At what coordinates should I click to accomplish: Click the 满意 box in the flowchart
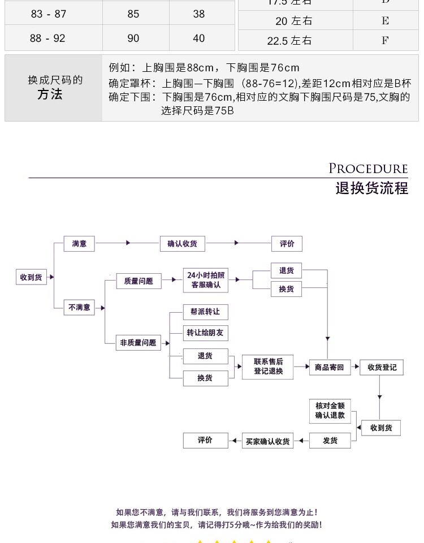coord(79,244)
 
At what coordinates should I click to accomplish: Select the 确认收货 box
coord(182,244)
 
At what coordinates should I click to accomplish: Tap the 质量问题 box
coord(139,281)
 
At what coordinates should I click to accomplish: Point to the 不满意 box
coord(79,308)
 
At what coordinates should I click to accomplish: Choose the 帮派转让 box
coord(205,312)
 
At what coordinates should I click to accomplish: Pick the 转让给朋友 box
coord(205,333)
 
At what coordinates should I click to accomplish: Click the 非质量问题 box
coord(138,343)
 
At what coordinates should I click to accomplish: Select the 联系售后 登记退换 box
coord(268,367)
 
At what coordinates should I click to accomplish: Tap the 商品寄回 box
coord(329,367)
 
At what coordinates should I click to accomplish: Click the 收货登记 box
coord(382,367)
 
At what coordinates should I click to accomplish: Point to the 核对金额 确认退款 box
coord(330,411)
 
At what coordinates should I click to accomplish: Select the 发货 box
coord(330,441)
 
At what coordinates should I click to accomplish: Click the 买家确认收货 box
coord(267,441)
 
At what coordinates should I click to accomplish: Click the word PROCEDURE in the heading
coord(368,169)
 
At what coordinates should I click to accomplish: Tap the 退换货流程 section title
coord(371,188)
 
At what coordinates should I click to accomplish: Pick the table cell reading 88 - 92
coord(47,38)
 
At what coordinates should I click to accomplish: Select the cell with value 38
coord(199,14)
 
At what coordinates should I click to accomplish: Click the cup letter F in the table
coord(385,40)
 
